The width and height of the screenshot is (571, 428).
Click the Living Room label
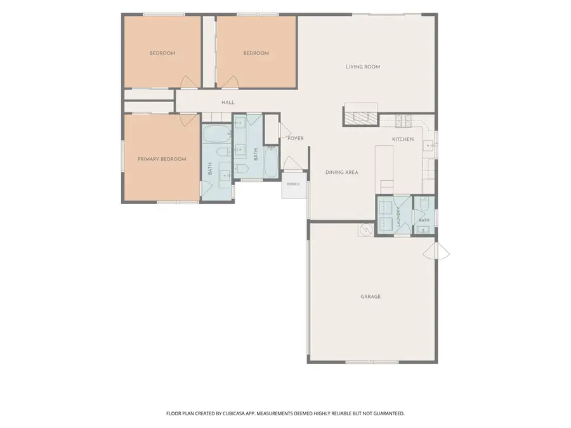point(363,67)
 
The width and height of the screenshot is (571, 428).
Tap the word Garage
point(371,297)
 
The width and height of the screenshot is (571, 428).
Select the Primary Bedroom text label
point(162,159)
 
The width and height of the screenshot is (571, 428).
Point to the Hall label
point(228,103)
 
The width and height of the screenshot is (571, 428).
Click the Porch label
point(293,184)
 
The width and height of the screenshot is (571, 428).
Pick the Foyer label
point(295,138)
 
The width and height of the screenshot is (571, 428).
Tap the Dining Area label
point(341,172)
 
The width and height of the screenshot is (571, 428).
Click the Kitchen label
point(403,139)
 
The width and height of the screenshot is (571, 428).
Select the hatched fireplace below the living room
point(361,118)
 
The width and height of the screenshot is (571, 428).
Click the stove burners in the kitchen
point(404,121)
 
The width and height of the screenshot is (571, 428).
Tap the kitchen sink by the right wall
point(428,146)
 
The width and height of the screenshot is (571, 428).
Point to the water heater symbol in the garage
point(365,230)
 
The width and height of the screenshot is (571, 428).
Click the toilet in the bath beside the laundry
point(424,204)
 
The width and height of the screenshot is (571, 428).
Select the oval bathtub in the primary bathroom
point(216,134)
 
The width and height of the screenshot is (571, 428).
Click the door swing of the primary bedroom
point(188,120)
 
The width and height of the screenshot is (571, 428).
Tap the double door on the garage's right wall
point(436,250)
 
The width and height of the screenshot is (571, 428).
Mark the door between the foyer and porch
point(292,163)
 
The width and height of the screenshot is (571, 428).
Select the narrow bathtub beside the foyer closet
point(270,162)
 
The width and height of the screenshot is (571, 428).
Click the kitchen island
point(384,169)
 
